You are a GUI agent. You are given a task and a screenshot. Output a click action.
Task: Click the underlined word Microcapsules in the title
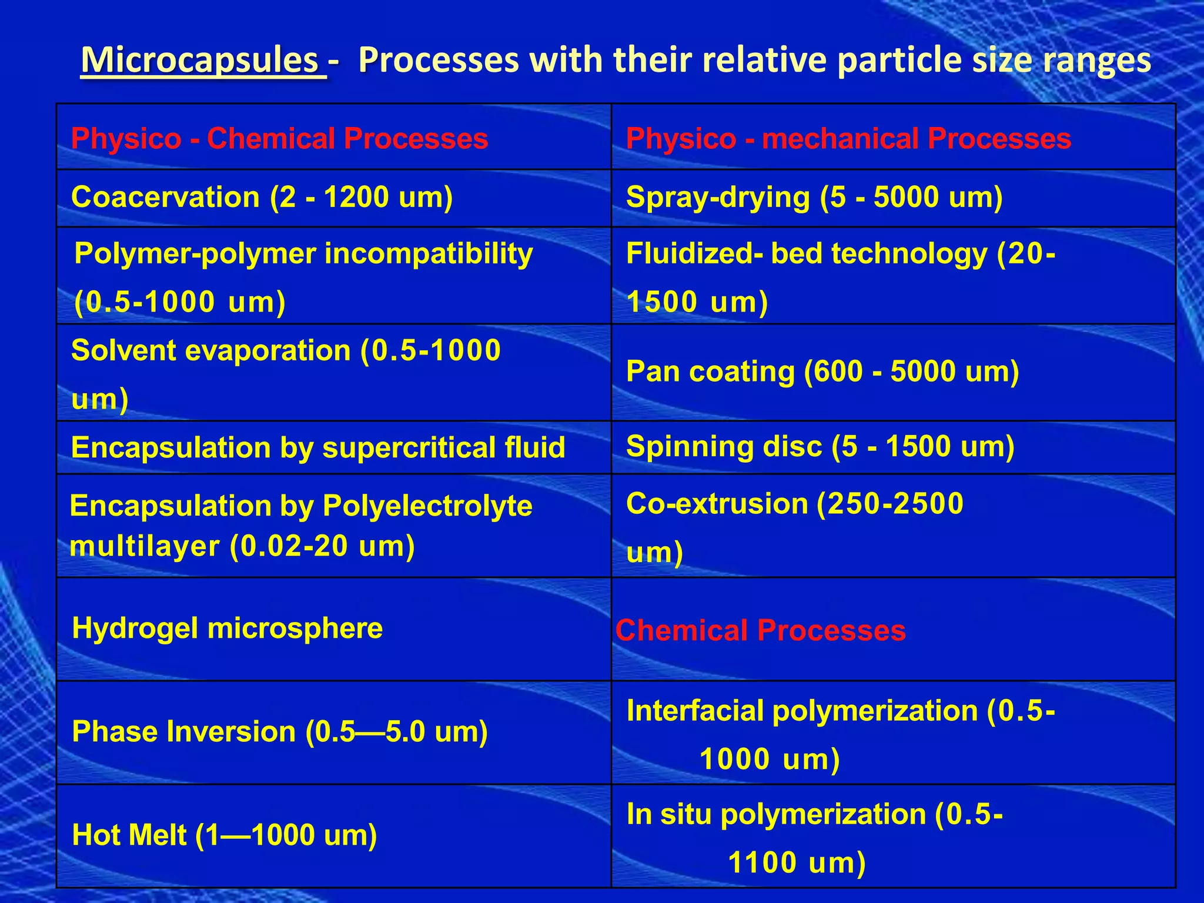point(200,61)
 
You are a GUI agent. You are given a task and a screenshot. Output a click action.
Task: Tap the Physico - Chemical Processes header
point(279,139)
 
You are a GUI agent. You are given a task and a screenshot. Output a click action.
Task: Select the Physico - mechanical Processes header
point(848,139)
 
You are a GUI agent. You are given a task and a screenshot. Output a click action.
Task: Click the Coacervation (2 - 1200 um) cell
point(262,197)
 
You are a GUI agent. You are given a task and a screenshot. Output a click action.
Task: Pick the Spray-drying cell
point(814,197)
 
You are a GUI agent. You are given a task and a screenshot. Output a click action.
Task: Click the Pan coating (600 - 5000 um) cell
point(822,372)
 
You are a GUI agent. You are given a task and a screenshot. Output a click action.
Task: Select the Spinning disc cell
point(820,446)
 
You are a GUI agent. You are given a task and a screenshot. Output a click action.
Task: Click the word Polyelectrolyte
point(427,506)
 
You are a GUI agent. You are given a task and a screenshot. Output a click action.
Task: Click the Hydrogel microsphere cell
point(227,628)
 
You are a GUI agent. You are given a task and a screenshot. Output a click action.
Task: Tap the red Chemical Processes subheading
point(760,630)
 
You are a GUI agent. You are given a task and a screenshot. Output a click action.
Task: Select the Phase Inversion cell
point(279,732)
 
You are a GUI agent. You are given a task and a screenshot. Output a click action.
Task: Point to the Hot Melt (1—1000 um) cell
point(224,835)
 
